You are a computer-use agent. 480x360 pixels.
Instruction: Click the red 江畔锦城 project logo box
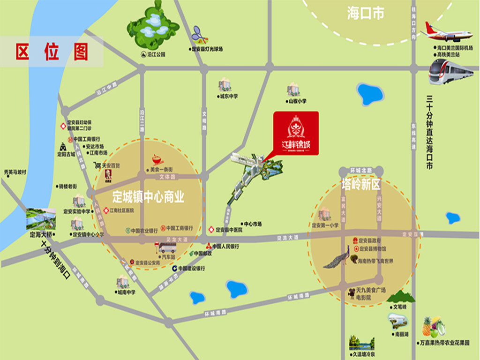[296, 133]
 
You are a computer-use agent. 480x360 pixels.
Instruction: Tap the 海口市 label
[366, 13]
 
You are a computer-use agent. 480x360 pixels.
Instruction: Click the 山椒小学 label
[297, 101]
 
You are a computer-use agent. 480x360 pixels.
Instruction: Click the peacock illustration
[338, 257]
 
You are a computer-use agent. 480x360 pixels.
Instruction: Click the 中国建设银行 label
[191, 269]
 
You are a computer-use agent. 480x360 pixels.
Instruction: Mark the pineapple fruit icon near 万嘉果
[427, 326]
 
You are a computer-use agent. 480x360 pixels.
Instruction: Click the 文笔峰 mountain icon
[400, 297]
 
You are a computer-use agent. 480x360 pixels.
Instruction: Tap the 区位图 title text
[52, 52]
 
